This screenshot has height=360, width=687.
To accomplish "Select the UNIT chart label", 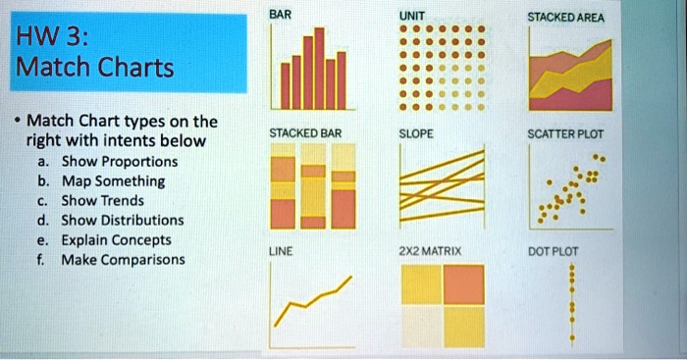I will pos(412,17).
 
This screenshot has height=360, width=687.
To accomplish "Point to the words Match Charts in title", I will pos(95,69).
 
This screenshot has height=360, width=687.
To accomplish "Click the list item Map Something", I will pos(113,181).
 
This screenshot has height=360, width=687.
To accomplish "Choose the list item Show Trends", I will pos(102,201).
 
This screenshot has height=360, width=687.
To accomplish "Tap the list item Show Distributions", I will pos(123,220).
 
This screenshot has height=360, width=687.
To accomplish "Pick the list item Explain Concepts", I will pos(116,239).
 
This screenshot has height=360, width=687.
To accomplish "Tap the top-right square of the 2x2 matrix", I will pos(464,285).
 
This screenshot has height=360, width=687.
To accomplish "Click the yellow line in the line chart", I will pos(314,297).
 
